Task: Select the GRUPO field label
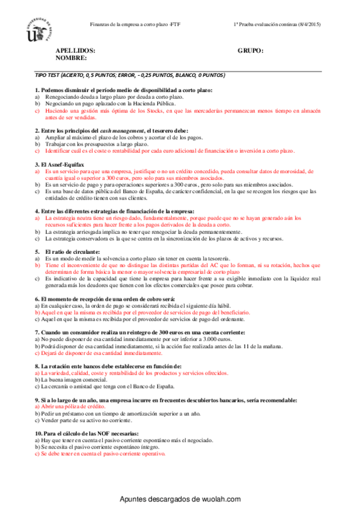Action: click(251, 51)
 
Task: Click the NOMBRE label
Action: click(72, 58)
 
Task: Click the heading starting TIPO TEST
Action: click(130, 76)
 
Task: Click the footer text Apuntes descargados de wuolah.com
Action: click(180, 499)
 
